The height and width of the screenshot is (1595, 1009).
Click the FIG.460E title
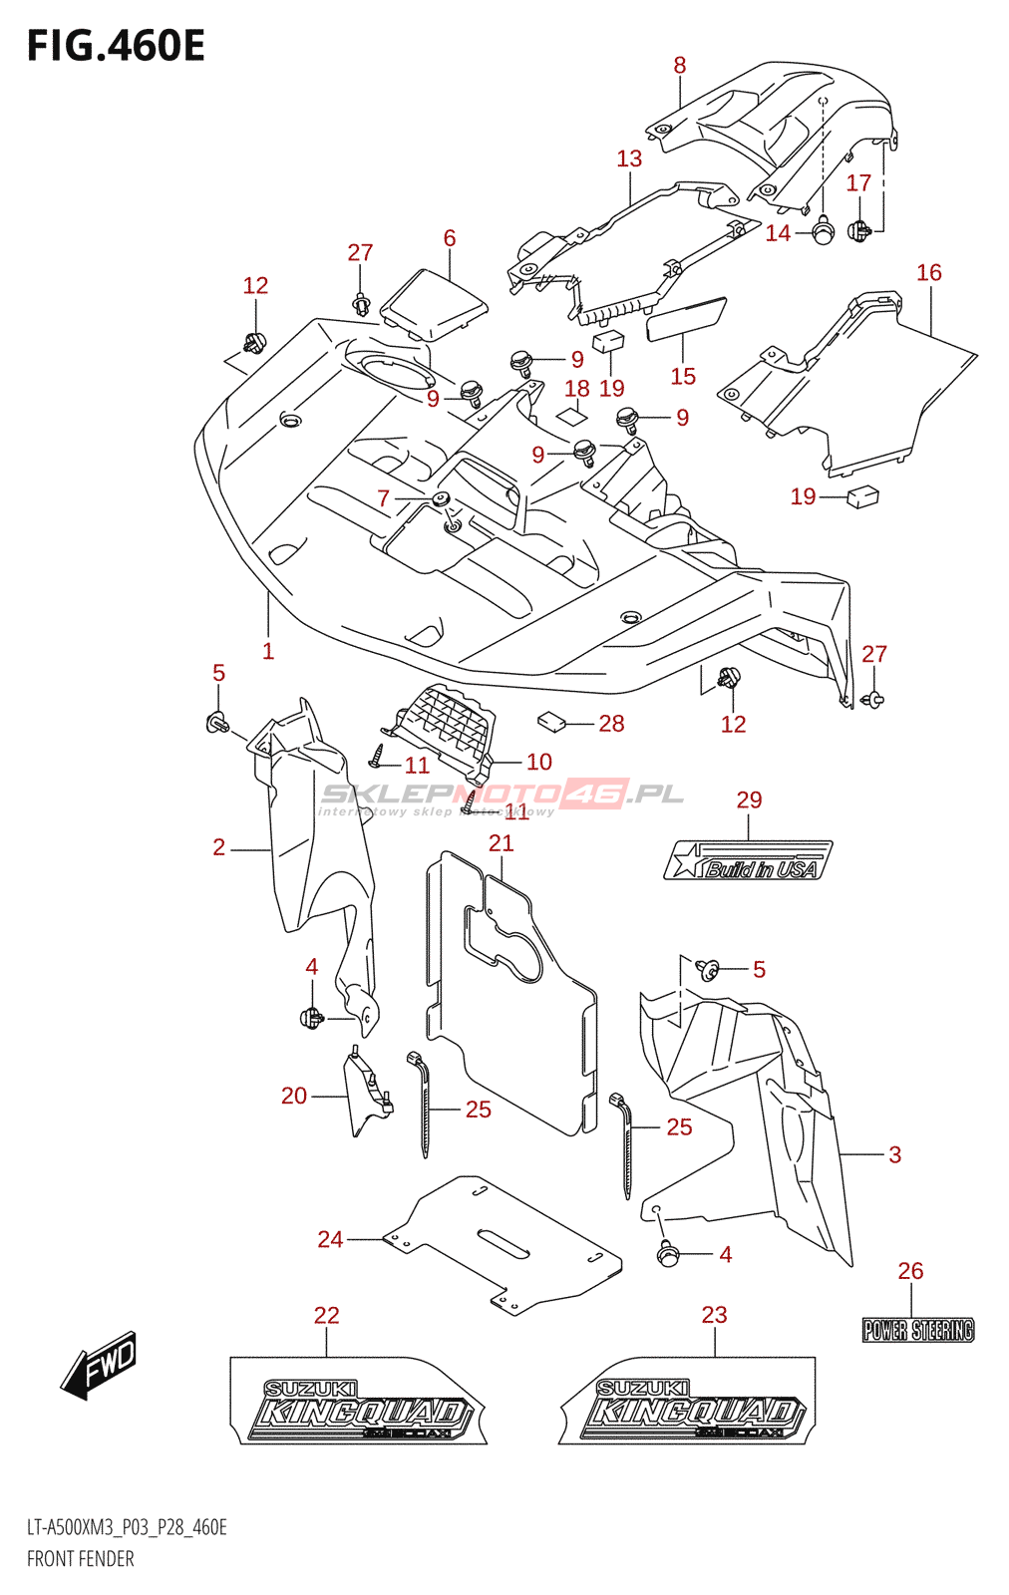pos(116,46)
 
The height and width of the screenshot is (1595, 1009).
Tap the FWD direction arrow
pos(100,1364)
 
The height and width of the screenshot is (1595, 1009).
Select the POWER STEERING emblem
pos(917,1330)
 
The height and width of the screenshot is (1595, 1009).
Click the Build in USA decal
pos(748,861)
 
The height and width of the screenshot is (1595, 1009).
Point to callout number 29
pos(749,799)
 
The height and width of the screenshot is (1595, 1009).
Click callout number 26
pos(910,1271)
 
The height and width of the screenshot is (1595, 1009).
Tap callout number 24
pos(330,1239)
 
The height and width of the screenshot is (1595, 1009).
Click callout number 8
pos(680,66)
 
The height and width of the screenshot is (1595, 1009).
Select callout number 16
pos(929,273)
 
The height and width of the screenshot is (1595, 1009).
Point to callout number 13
pos(629,159)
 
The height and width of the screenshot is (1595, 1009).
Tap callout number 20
pos(294,1096)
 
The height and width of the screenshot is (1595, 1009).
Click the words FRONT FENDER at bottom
pos(81,1559)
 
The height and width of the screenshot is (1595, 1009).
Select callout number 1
pos(268,651)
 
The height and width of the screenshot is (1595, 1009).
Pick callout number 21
pos(502,843)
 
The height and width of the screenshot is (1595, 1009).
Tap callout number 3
pos(895,1154)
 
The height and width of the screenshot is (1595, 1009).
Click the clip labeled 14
pos(824,232)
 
